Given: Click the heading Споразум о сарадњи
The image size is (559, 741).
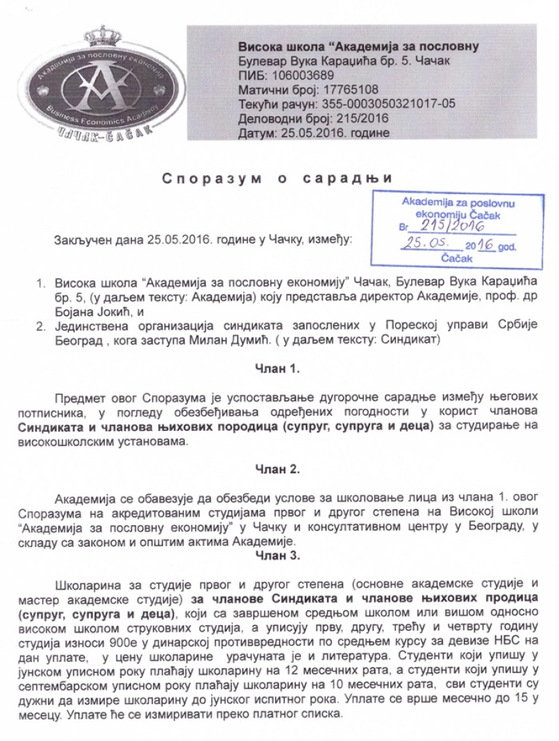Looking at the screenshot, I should click(x=278, y=178).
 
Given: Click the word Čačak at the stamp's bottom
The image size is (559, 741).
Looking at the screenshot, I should click(x=456, y=258).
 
